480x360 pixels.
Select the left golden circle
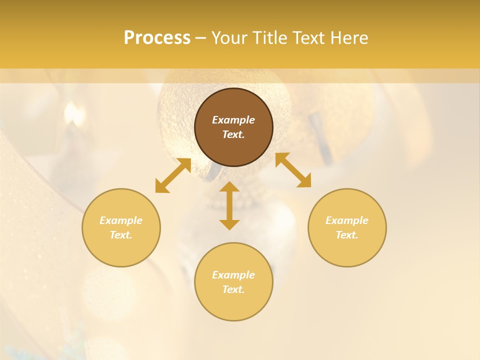coord(121,227)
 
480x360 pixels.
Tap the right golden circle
coord(347,227)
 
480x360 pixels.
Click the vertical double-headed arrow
coord(229,205)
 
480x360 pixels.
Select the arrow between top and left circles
coord(173,175)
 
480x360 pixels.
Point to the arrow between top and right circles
coord(293,170)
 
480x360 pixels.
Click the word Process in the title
coord(157,38)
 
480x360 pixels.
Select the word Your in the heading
coord(228,38)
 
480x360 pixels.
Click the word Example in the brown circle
coord(233,120)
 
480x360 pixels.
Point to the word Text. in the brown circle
coord(233,134)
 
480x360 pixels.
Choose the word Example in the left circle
coord(121,220)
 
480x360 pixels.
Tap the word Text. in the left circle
coord(121,235)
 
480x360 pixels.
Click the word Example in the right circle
coord(347,220)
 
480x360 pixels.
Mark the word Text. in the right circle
coord(347,235)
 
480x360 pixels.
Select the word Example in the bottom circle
coord(233,275)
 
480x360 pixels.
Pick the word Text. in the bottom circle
coord(233,289)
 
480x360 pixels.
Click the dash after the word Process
coord(201,38)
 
